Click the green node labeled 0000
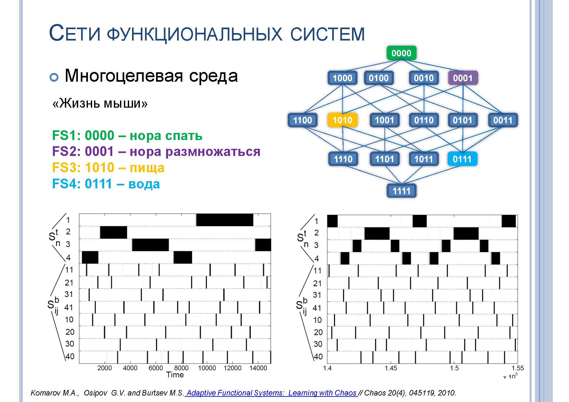[401, 53]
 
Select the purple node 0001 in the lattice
[463, 78]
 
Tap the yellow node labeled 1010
[343, 120]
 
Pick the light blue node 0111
[462, 159]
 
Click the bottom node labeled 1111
[402, 191]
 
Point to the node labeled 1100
[303, 120]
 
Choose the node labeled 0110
[424, 120]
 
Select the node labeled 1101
[385, 159]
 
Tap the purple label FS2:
[67, 151]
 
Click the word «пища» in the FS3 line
[147, 168]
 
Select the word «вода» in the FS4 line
[144, 184]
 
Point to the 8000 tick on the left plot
[181, 368]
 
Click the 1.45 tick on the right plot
[391, 368]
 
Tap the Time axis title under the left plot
[175, 375]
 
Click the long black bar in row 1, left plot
[224, 220]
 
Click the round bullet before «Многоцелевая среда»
[54, 77]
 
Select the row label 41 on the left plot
[69, 307]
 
